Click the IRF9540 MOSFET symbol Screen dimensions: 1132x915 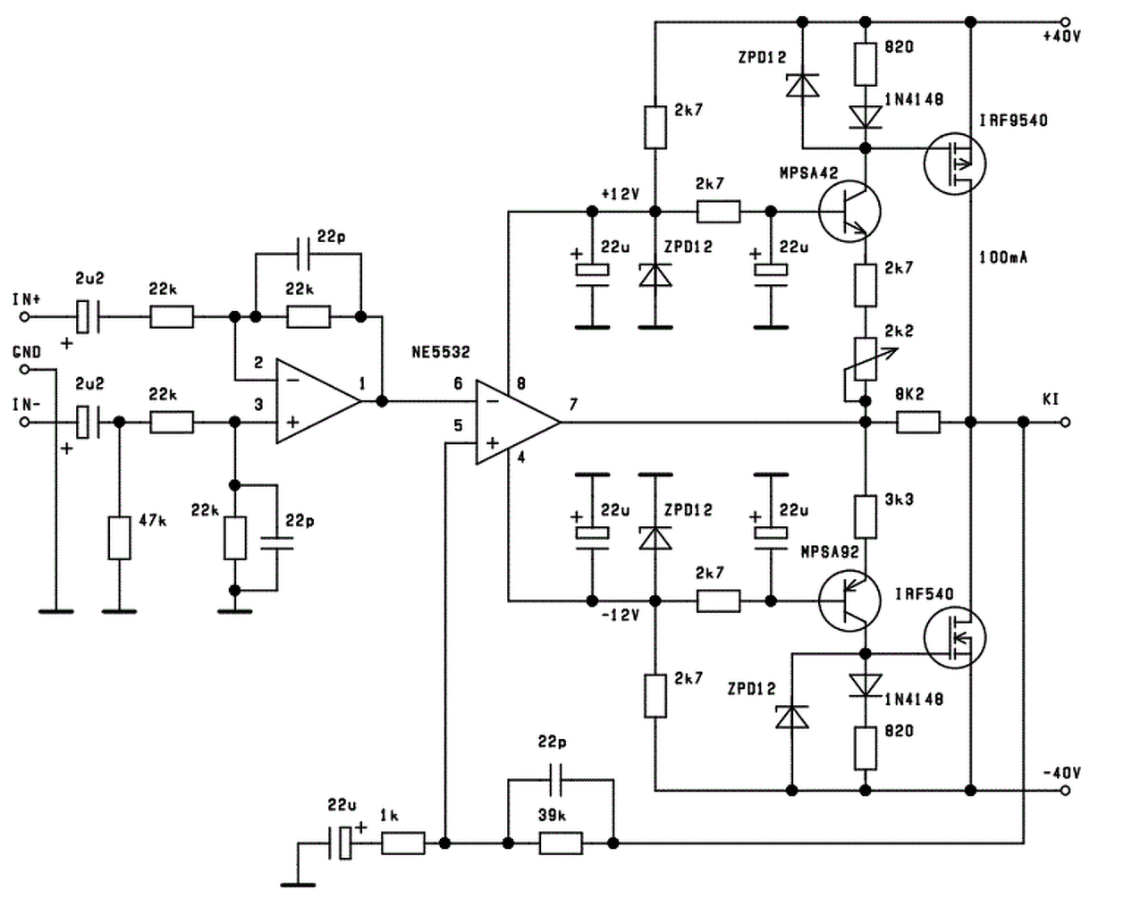pyautogui.click(x=954, y=164)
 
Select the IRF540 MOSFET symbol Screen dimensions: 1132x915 pyautogui.click(x=954, y=637)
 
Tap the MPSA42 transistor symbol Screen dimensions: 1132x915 pyautogui.click(x=849, y=212)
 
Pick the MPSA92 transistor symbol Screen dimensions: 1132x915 pyautogui.click(x=849, y=600)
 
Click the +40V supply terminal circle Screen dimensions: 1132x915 pyautogui.click(x=1065, y=21)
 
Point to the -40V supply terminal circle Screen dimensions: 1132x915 pyautogui.click(x=1065, y=791)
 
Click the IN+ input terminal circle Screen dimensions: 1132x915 pyautogui.click(x=24, y=317)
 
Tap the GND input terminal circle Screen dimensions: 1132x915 pyautogui.click(x=24, y=370)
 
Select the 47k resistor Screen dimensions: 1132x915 pyautogui.click(x=119, y=537)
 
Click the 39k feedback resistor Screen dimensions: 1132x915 pyautogui.click(x=561, y=844)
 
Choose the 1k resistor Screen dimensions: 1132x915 pyautogui.click(x=403, y=844)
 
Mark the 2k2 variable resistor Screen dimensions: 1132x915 pyautogui.click(x=866, y=359)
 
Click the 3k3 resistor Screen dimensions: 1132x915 pyautogui.click(x=866, y=516)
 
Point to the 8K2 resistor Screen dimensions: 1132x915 pyautogui.click(x=917, y=422)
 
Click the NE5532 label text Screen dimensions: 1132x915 pyautogui.click(x=441, y=352)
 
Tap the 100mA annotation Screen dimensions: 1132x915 pyautogui.click(x=1003, y=257)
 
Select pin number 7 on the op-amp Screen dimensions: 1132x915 pyautogui.click(x=573, y=405)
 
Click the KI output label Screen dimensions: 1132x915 pyautogui.click(x=1051, y=399)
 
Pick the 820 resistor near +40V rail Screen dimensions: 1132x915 pyautogui.click(x=866, y=64)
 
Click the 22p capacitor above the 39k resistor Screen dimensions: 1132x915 pyautogui.click(x=555, y=779)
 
